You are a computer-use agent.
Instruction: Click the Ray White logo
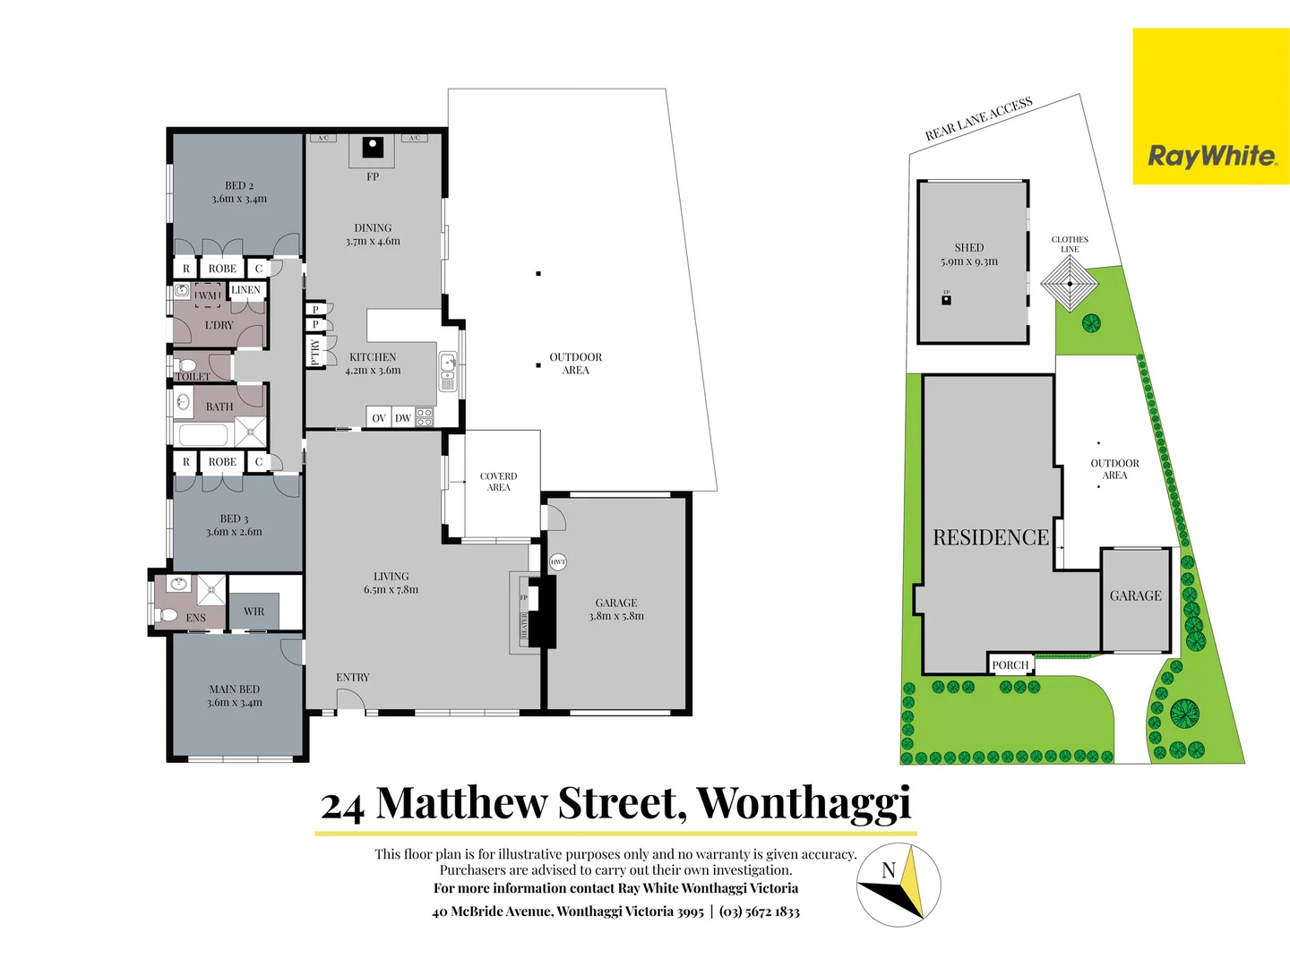[1211, 107]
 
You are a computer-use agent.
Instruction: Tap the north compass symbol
[899, 885]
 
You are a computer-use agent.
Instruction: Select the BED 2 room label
[239, 186]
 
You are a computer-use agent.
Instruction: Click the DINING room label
[373, 228]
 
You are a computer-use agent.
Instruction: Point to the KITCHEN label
[373, 357]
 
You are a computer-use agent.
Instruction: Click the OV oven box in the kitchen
[379, 418]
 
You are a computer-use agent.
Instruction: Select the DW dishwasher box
[403, 418]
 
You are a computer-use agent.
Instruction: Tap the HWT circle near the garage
[558, 562]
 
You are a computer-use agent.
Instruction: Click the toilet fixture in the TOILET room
[187, 365]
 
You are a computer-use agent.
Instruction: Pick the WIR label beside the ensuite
[254, 612]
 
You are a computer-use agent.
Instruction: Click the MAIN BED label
[235, 689]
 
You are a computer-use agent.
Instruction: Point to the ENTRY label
[353, 678]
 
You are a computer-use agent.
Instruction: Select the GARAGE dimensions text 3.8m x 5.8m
[616, 616]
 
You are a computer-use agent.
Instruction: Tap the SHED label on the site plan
[969, 248]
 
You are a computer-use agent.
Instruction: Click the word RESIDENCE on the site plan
[991, 537]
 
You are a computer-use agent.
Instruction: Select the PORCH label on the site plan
[1010, 665]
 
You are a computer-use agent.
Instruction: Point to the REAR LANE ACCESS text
[978, 119]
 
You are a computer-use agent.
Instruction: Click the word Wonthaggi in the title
[804, 803]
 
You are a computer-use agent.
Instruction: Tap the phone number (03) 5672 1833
[760, 911]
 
